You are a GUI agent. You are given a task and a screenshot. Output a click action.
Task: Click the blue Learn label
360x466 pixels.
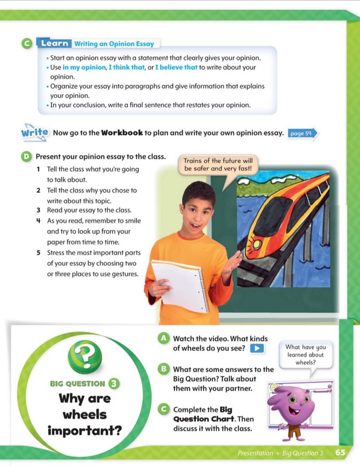pos(55,44)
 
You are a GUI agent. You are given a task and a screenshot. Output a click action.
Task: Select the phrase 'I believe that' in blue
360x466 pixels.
pos(176,67)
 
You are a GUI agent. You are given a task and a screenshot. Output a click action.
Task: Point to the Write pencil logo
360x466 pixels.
pos(34,132)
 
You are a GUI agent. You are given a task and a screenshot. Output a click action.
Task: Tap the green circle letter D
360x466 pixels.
pos(26,157)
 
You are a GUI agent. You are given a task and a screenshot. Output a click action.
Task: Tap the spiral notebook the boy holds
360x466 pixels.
pos(180,285)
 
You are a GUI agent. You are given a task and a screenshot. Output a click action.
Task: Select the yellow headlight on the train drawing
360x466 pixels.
pos(257,244)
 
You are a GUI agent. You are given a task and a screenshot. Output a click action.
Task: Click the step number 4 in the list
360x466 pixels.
pos(39,221)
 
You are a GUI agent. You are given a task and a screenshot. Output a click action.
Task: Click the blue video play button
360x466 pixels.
pos(258,348)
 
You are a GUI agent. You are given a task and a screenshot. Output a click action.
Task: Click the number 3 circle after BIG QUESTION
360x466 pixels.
pos(115,384)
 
